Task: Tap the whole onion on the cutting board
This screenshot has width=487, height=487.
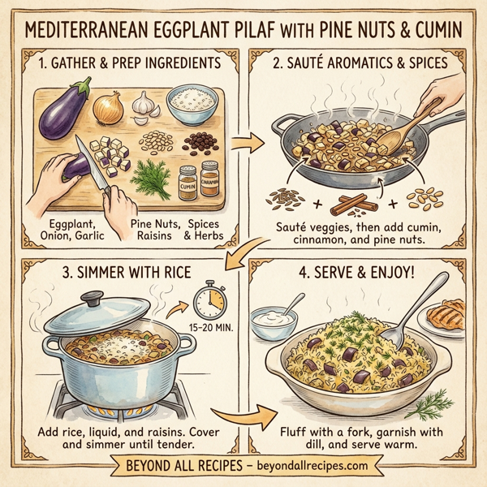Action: point(108,106)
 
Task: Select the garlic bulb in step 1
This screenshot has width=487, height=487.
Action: point(144,103)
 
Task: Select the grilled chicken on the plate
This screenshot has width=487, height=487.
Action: point(450,312)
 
